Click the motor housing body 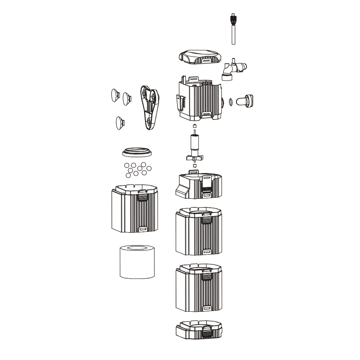click(200, 99)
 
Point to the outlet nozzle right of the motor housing click(246, 100)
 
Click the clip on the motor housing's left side click(180, 103)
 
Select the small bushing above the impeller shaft click(194, 126)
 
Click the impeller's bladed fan click(194, 158)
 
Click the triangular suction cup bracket click(150, 107)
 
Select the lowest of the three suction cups click(120, 123)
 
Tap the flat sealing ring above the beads click(137, 152)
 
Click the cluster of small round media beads click(137, 169)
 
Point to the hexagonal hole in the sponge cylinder click(137, 248)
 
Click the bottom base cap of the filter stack click(199, 329)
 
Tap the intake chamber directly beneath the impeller click(199, 185)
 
